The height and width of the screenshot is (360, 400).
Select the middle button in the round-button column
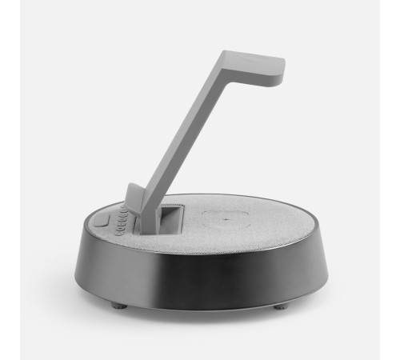pyautogui.click(x=120, y=222)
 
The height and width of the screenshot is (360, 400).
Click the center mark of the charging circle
pyautogui.click(x=226, y=218)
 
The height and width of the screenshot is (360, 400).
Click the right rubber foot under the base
pyautogui.click(x=281, y=306)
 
